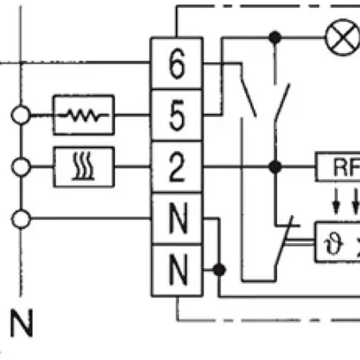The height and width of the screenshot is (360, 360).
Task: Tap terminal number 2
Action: click(176, 165)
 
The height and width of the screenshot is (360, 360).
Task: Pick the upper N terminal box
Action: click(176, 218)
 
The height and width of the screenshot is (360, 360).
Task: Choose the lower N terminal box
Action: click(176, 268)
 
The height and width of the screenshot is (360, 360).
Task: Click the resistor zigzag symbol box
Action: click(83, 113)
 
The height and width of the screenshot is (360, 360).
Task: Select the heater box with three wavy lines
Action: click(83, 165)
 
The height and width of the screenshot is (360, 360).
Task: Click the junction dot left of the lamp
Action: click(276, 37)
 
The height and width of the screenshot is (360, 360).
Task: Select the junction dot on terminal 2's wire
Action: click(276, 165)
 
